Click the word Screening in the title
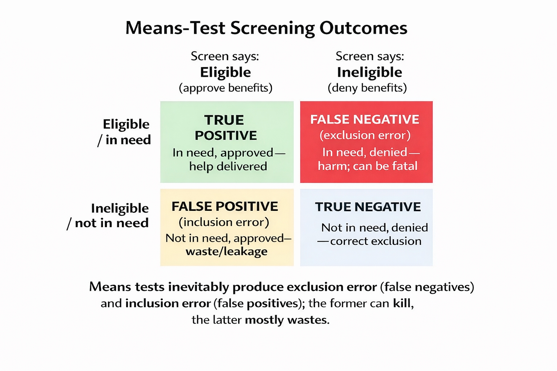pos(272,28)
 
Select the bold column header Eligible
pos(226,73)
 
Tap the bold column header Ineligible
pos(370,73)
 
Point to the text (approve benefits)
pos(226,88)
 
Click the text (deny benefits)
pos(367,88)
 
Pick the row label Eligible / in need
pos(124,132)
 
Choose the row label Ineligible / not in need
pos(108,216)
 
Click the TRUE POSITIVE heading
pos(226,128)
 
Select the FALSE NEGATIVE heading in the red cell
pos(365,120)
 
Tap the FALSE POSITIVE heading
pos(225,207)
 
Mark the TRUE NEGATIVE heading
pos(368,207)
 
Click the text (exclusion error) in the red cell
pos(365,136)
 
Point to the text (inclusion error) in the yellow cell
pos(224,222)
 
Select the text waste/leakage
pos(227,251)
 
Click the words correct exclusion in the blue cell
pos(376,241)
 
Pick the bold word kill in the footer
pos(402,303)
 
